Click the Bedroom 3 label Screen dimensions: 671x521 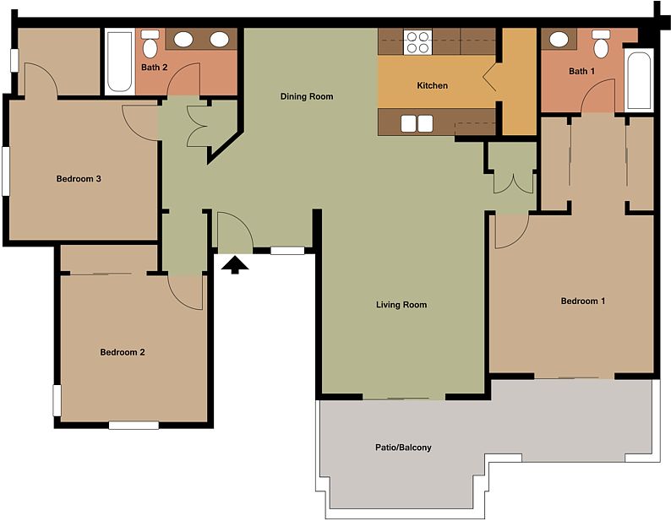[79, 179]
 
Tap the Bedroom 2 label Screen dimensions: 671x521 [123, 352]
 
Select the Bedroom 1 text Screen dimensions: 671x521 [583, 301]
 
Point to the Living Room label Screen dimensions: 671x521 [401, 305]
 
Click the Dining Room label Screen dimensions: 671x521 [307, 96]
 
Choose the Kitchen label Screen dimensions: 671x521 [432, 85]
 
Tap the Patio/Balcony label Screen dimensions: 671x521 [403, 448]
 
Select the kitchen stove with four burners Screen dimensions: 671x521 [417, 42]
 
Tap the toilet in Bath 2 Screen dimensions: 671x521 [150, 44]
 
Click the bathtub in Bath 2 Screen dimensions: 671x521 [119, 61]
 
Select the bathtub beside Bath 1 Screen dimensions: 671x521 [639, 79]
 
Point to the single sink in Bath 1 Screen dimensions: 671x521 [559, 40]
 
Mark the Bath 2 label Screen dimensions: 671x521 [154, 68]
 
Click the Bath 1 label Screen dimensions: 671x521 [581, 71]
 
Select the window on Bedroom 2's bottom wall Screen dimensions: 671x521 [134, 426]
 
